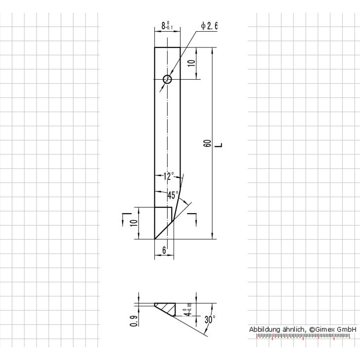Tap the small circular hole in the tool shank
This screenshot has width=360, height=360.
[168, 79]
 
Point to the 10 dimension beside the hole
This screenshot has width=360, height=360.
[191, 63]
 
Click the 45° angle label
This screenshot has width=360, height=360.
[173, 195]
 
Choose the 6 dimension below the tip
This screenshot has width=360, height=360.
[164, 251]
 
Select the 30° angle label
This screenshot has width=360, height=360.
[209, 320]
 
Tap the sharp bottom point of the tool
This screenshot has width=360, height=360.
[155, 239]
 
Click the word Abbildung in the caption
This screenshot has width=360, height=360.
[265, 329]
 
